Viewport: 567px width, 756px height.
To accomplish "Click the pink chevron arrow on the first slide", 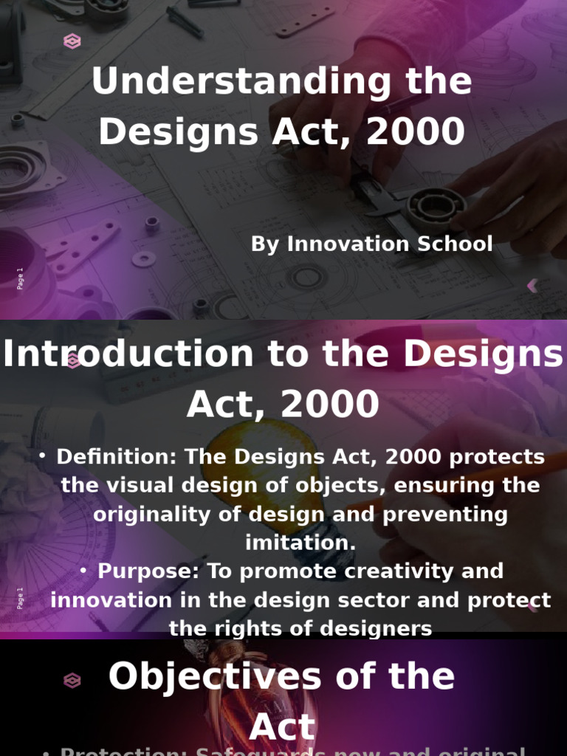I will (532, 285).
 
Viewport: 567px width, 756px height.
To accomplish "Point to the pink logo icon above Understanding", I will (72, 41).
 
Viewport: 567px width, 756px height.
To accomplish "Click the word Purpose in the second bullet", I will (148, 571).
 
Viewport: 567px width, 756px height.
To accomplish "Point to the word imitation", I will (300, 543).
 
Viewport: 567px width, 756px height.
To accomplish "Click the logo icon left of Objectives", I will (72, 681).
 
